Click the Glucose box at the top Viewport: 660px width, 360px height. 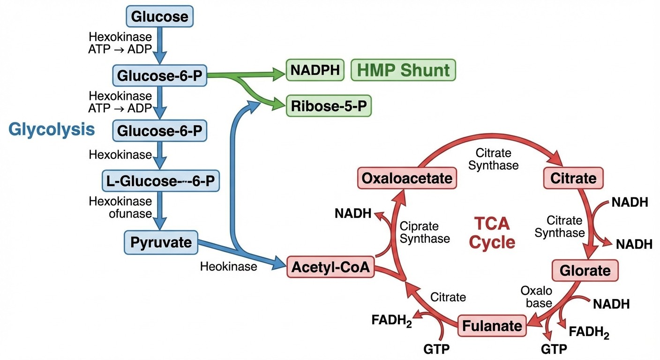pyautogui.click(x=160, y=17)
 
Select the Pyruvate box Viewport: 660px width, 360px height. pyautogui.click(x=161, y=242)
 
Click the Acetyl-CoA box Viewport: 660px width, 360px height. pyautogui.click(x=330, y=267)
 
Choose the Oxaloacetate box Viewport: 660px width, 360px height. pyautogui.click(x=407, y=178)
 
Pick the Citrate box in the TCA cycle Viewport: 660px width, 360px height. pyautogui.click(x=573, y=178)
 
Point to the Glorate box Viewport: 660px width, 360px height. pyautogui.click(x=585, y=270)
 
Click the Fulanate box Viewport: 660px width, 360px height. pyautogui.click(x=492, y=326)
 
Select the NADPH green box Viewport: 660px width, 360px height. pyautogui.click(x=315, y=70)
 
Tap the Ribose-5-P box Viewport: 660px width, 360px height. pyautogui.click(x=328, y=106)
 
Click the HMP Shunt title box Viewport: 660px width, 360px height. pyautogui.click(x=403, y=70)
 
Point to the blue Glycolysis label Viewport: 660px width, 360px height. pyautogui.click(x=52, y=130)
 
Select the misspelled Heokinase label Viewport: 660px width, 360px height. pyautogui.click(x=228, y=267)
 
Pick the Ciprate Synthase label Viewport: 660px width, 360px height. pyautogui.click(x=424, y=232)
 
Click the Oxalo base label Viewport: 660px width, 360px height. pyautogui.click(x=536, y=297)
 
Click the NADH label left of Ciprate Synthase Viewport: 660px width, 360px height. pyautogui.click(x=352, y=214)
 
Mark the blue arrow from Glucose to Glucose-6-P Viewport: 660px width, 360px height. pyautogui.click(x=160, y=45)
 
